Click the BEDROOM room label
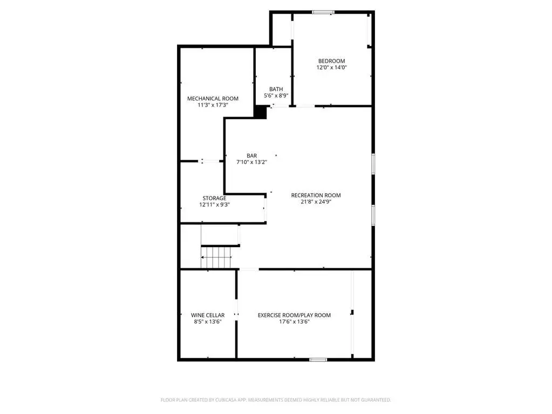[x=332, y=61]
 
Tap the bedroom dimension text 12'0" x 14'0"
[x=332, y=67]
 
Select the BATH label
[x=276, y=89]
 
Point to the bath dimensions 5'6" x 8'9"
[x=276, y=96]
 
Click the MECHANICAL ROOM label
[x=213, y=99]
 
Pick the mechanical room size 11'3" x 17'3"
[x=213, y=105]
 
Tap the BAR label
[x=251, y=155]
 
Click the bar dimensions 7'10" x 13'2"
[x=251, y=162]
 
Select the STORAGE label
[x=214, y=198]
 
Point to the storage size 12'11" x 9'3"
[x=214, y=205]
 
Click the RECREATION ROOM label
[x=316, y=195]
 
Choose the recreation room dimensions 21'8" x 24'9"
[x=316, y=202]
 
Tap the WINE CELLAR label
[x=208, y=315]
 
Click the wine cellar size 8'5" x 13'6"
[x=208, y=321]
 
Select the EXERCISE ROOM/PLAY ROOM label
[x=294, y=315]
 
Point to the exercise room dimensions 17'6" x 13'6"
[x=294, y=321]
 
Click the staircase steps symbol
[x=216, y=257]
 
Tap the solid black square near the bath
[x=261, y=112]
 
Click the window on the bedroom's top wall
[x=323, y=12]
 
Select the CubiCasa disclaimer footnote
[x=276, y=400]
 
